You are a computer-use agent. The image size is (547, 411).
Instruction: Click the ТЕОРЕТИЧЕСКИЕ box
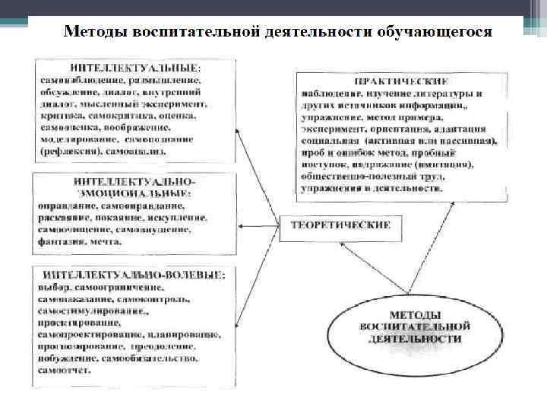(339, 225)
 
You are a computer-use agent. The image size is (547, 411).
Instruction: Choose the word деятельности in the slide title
(317, 33)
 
